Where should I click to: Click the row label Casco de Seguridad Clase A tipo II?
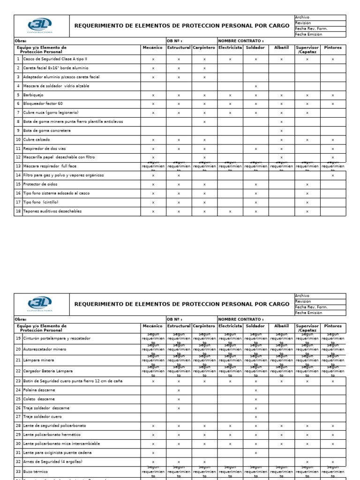point(55,60)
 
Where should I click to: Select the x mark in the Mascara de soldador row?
point(256,86)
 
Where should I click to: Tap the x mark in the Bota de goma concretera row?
point(281,131)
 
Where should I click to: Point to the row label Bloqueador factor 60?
point(43,104)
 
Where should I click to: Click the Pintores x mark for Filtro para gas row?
point(333,176)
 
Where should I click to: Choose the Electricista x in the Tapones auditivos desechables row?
point(230,212)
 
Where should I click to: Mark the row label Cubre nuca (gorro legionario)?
point(51,112)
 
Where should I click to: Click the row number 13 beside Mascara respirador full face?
point(18,166)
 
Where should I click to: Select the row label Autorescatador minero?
point(46,349)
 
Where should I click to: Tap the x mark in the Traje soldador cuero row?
point(256,417)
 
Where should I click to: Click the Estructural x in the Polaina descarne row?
point(179,390)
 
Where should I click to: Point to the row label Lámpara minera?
point(38,360)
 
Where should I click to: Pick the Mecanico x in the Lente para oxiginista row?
point(153,453)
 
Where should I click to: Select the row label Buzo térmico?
point(35,471)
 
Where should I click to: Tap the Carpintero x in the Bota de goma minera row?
point(204,122)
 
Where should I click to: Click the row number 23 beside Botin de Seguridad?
point(18,381)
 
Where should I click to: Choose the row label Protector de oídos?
point(41,184)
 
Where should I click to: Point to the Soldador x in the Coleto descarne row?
point(256,399)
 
